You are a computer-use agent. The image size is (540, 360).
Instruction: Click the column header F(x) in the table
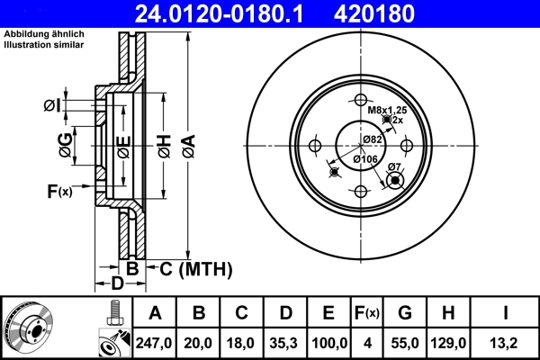(x=366, y=312)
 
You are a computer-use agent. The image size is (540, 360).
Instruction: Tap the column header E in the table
(x=328, y=312)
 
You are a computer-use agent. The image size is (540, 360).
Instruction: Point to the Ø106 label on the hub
(x=364, y=159)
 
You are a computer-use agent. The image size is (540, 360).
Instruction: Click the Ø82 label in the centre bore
(x=373, y=139)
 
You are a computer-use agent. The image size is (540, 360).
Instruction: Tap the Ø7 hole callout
(x=393, y=167)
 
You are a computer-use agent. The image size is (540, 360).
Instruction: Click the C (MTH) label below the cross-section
(x=195, y=268)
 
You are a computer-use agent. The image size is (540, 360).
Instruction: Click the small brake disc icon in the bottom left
(x=28, y=328)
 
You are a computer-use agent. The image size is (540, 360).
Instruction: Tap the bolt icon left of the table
(x=112, y=311)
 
